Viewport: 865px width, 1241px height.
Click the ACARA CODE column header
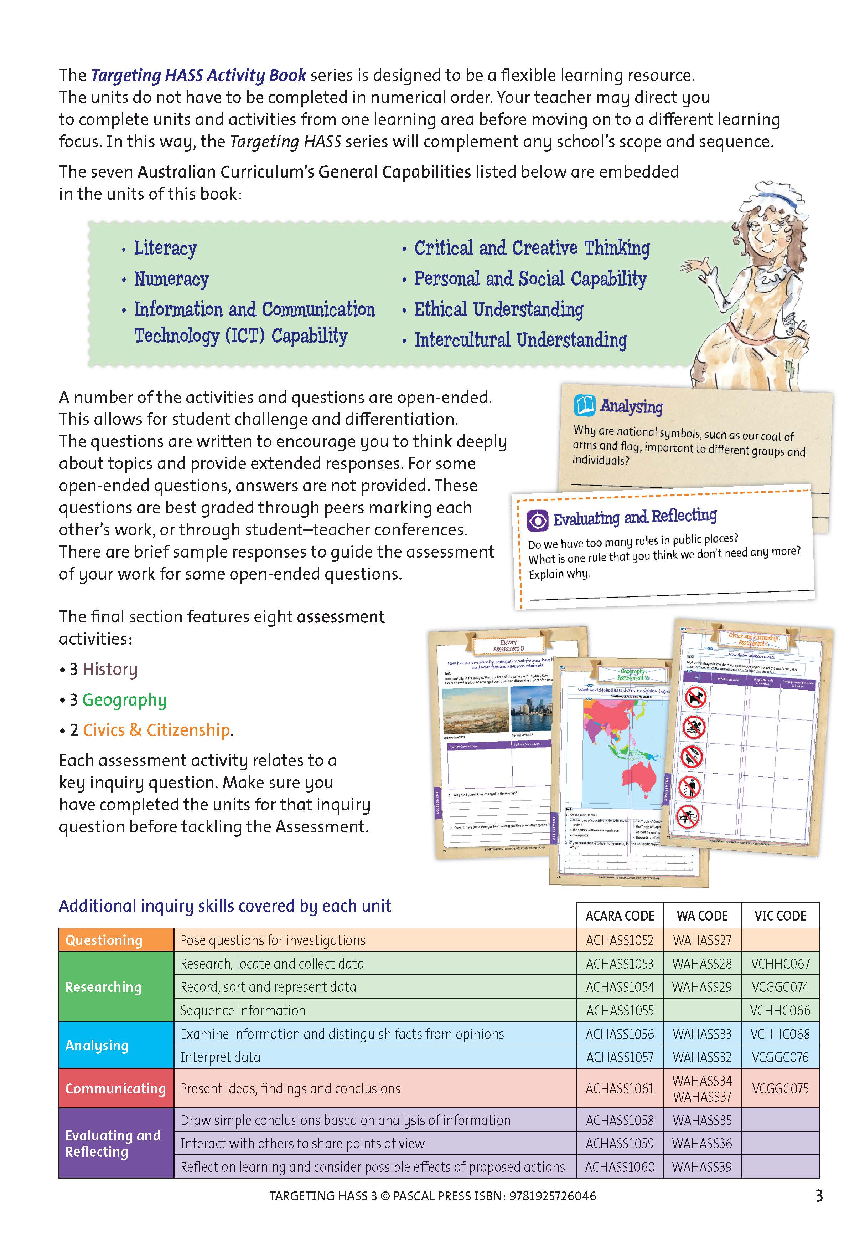tap(619, 916)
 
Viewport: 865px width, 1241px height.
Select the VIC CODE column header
tap(779, 916)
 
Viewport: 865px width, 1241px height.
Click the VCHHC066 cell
tap(779, 1010)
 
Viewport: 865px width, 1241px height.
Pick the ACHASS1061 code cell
tap(619, 1088)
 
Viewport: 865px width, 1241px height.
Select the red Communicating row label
tap(116, 1088)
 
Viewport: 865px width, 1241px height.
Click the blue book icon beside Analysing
tap(584, 405)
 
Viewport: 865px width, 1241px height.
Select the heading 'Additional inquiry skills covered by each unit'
tap(225, 906)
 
